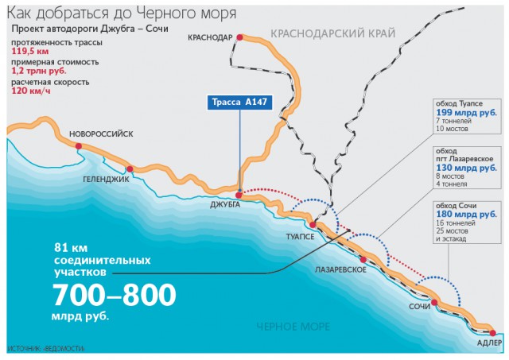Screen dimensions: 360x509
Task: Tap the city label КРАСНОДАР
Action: (210, 37)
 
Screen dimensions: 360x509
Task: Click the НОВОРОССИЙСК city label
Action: (100, 134)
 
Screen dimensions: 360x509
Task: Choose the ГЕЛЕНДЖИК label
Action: (106, 180)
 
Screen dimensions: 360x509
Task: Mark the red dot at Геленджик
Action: (129, 168)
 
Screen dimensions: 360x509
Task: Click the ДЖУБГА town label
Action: (226, 205)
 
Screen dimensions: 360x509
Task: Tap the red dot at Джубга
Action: (239, 193)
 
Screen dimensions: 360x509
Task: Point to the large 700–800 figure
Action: (114, 296)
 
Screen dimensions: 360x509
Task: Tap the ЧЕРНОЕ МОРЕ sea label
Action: (287, 327)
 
